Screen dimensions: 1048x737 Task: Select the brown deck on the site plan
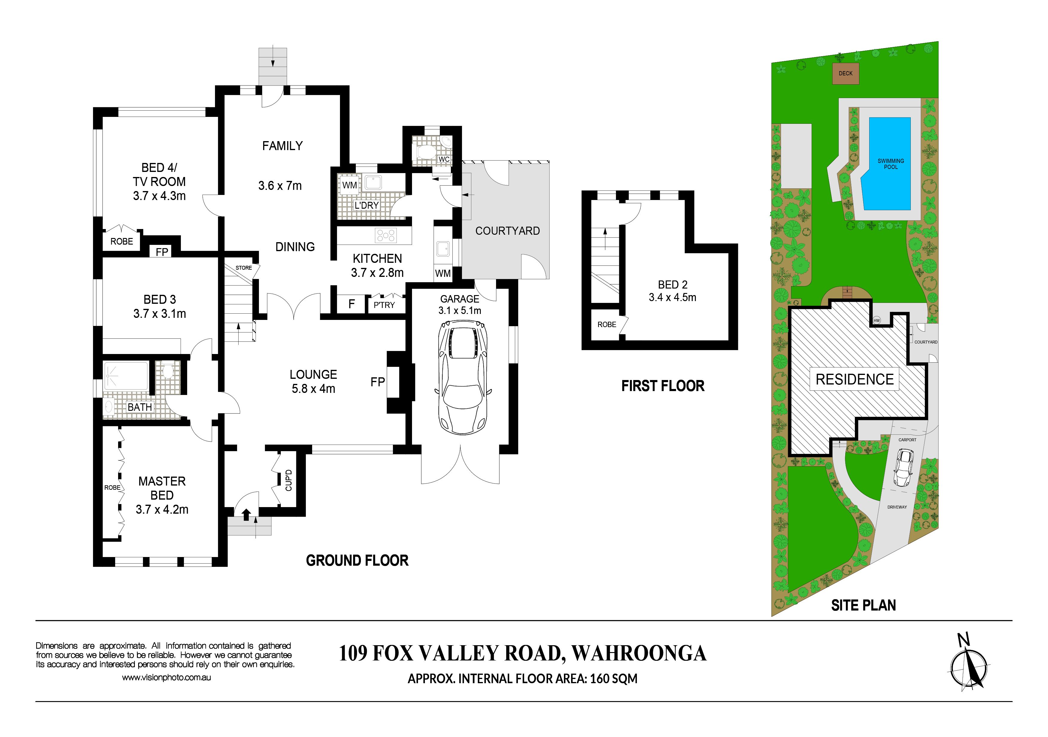point(845,74)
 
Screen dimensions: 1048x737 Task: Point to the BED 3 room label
point(160,299)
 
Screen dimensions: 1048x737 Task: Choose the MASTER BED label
point(162,488)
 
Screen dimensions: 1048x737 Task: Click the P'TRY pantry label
point(384,305)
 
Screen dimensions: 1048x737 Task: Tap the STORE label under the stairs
point(244,268)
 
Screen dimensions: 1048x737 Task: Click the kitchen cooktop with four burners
point(386,236)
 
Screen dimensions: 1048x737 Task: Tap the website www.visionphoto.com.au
point(166,678)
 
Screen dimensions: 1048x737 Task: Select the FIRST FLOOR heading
point(663,386)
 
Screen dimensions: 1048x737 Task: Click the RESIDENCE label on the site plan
point(855,379)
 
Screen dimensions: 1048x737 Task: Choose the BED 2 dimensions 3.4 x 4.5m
point(672,297)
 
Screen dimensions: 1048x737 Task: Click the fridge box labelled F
point(351,304)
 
